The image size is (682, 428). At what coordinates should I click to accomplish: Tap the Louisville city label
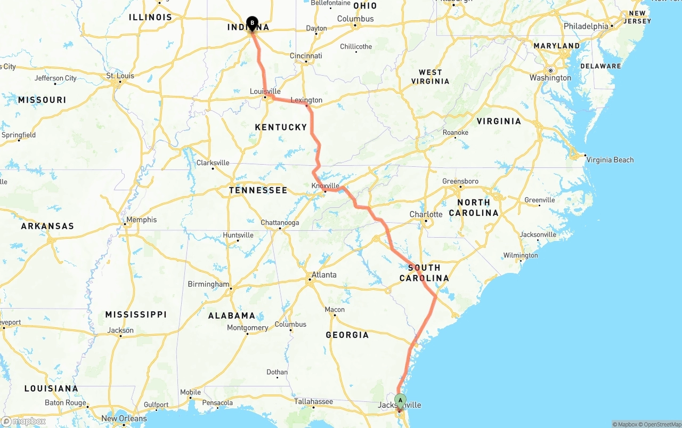pos(265,92)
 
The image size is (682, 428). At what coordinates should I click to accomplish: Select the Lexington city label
pos(306,100)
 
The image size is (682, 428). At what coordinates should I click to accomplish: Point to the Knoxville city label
pos(325,185)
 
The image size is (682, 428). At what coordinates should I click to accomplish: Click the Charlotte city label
pos(426,214)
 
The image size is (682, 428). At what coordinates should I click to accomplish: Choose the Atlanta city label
pos(324,275)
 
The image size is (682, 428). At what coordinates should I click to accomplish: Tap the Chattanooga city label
pos(280,223)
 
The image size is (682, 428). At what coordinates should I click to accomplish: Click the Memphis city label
pos(141,220)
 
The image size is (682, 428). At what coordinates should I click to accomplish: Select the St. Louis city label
pos(120,76)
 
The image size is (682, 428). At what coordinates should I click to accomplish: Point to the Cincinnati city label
pos(306,56)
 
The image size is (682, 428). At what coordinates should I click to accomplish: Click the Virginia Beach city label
pos(610,160)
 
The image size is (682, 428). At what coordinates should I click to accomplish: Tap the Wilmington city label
pos(521,255)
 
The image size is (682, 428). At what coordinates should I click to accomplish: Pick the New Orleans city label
pos(124,418)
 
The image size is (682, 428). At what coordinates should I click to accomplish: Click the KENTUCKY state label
pos(281,127)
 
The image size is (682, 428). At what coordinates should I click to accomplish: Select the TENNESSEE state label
pos(258,190)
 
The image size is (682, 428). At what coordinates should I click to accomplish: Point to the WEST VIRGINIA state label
pos(430,77)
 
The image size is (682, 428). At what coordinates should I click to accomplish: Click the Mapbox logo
pos(23,421)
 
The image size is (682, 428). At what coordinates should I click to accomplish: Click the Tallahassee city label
pos(313,401)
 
